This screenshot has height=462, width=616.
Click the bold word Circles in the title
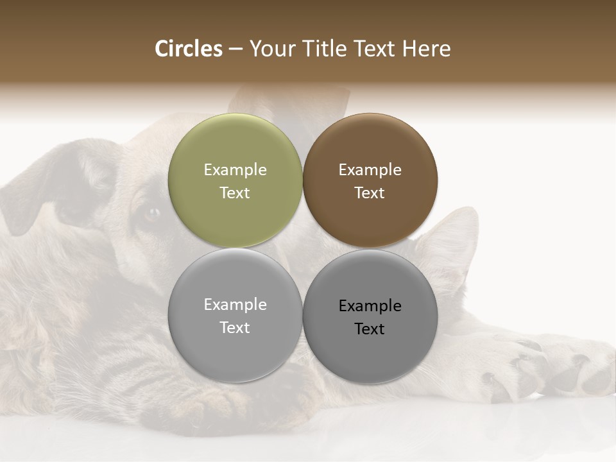click(189, 49)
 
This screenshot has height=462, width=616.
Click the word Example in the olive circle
click(235, 170)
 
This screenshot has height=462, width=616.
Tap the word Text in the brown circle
click(370, 193)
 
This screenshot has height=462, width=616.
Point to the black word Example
click(370, 306)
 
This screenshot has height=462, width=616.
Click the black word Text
click(370, 329)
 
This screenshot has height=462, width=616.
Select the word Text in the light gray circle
click(235, 328)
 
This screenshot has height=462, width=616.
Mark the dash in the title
click(235, 49)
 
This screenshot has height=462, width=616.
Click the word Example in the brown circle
click(370, 170)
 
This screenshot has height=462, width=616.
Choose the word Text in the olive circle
click(235, 193)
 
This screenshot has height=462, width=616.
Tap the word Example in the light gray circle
click(235, 305)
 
